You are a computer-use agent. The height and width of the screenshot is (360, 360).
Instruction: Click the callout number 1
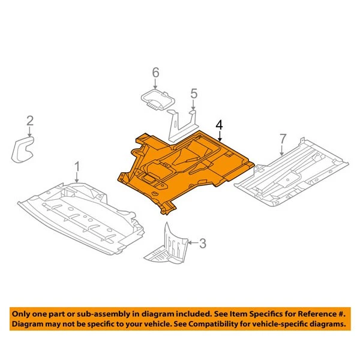pyautogui.click(x=77, y=165)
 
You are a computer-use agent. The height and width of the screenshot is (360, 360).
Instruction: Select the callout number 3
pyautogui.click(x=202, y=243)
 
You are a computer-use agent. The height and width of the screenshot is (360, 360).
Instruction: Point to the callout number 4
pyautogui.click(x=220, y=125)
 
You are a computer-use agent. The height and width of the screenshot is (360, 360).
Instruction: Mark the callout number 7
pyautogui.click(x=284, y=140)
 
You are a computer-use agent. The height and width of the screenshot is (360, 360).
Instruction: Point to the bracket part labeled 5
pyautogui.click(x=182, y=124)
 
